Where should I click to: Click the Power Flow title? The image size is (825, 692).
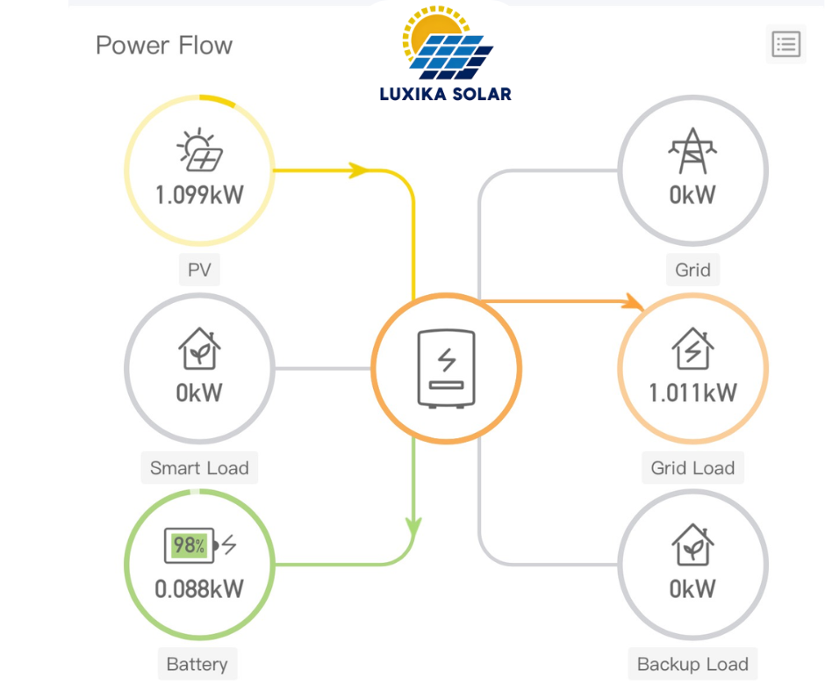pos(164,45)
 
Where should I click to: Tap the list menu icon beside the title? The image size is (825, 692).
pos(786,44)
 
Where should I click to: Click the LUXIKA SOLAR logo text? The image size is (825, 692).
pos(445,93)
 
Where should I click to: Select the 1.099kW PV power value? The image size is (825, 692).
pos(199,195)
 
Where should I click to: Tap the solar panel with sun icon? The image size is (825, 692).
pos(199,151)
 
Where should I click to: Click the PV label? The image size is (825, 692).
pos(199,270)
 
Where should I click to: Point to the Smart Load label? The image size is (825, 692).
pos(199,467)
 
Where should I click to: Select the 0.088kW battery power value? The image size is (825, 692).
pos(199,587)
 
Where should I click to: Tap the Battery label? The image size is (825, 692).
pos(197,664)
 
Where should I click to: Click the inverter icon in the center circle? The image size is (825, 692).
pos(446,368)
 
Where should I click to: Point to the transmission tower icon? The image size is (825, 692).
pos(692,151)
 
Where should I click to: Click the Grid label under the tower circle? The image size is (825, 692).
pos(692,270)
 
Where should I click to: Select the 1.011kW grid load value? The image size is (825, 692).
pos(692,392)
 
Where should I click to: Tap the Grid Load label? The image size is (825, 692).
pos(692,467)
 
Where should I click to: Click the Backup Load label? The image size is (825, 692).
pos(692,664)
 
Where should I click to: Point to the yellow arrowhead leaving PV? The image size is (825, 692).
pos(357,169)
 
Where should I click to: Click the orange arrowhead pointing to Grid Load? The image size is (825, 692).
pos(633,302)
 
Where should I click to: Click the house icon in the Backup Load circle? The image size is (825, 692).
pos(692,545)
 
